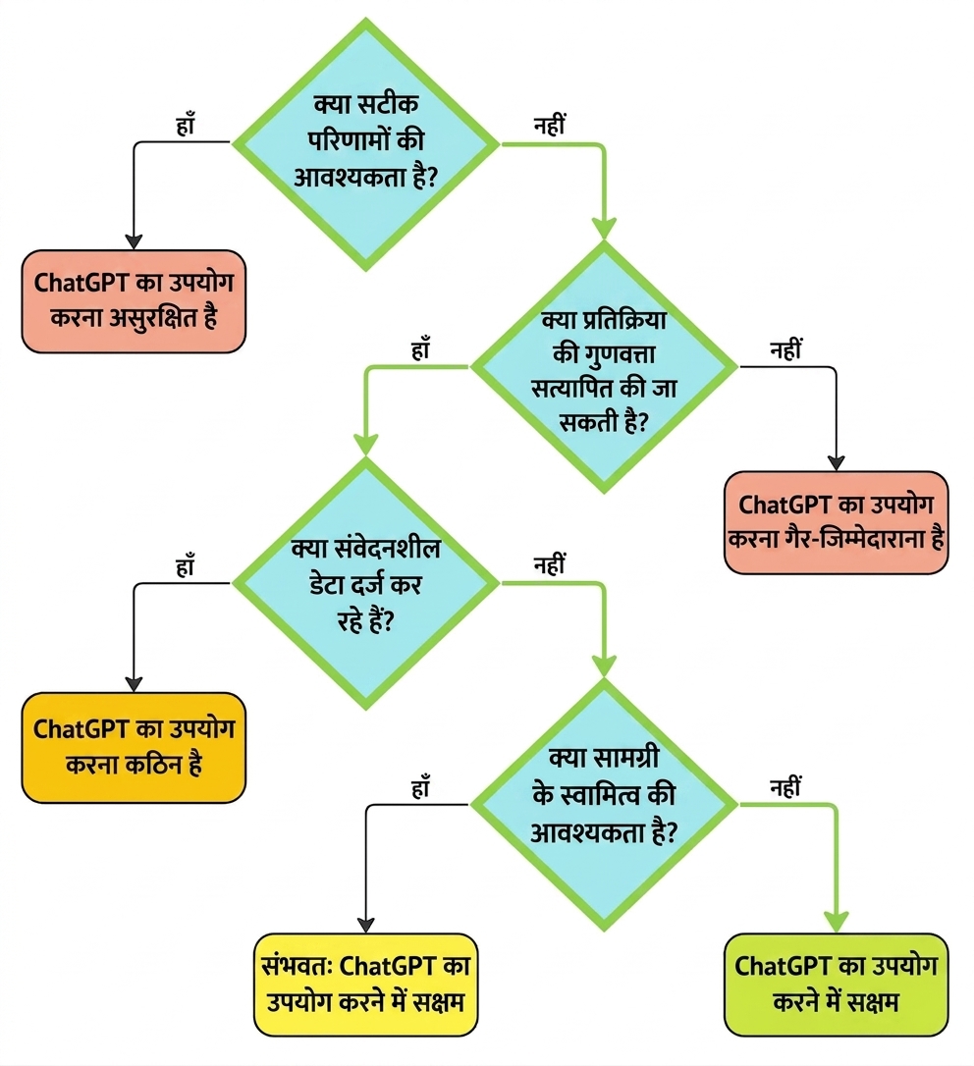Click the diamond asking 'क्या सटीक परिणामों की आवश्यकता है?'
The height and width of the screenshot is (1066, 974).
[x=366, y=144]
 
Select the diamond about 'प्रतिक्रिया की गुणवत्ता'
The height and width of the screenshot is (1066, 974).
[x=604, y=367]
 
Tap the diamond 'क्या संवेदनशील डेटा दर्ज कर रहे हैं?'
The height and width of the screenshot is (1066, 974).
[x=366, y=583]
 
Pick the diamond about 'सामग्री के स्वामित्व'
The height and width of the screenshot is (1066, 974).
[x=604, y=805]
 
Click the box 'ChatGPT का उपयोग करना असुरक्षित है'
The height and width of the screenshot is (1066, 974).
[x=134, y=301]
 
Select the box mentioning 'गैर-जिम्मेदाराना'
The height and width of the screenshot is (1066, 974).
[x=836, y=522]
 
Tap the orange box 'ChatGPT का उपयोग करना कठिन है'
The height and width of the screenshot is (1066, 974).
[x=134, y=747]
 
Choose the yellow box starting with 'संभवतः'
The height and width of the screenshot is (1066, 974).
[x=366, y=985]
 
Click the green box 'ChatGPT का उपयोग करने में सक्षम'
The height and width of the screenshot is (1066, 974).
[x=836, y=985]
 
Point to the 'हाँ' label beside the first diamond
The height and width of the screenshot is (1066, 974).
[x=185, y=125]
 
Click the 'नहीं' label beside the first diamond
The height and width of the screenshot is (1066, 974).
[x=550, y=125]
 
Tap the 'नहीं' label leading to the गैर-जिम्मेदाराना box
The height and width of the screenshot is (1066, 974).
[x=785, y=348]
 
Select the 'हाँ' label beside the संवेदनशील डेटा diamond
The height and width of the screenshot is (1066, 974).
[x=185, y=565]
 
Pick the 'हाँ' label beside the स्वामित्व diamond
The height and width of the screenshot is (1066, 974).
[x=421, y=787]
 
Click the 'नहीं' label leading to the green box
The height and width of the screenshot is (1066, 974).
[x=785, y=787]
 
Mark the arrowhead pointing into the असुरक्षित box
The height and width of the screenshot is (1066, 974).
[x=134, y=242]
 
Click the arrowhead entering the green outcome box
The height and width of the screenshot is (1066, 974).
[x=836, y=923]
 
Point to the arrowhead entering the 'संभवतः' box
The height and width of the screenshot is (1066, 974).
[x=366, y=926]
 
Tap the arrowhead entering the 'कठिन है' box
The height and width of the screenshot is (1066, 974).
[x=134, y=684]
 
